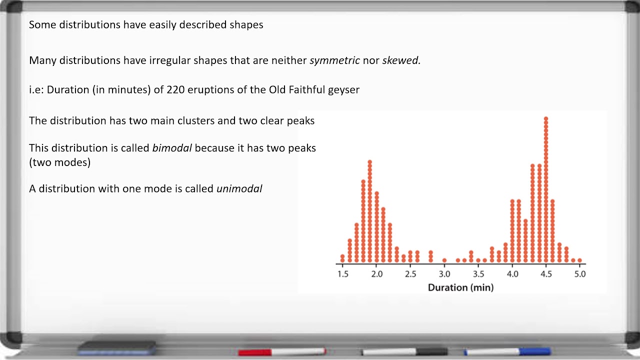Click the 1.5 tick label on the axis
pos(342,274)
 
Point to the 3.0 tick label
pos(444,274)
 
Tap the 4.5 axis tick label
pos(546,274)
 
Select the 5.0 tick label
pos(580,274)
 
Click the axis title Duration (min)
pos(460,287)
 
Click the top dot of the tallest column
pos(546,119)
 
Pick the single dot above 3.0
pos(444,260)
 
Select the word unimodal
pos(239,189)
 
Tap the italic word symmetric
pos(334,60)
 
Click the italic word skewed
pos(401,60)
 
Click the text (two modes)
pos(60,162)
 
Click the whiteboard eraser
pos(117,346)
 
